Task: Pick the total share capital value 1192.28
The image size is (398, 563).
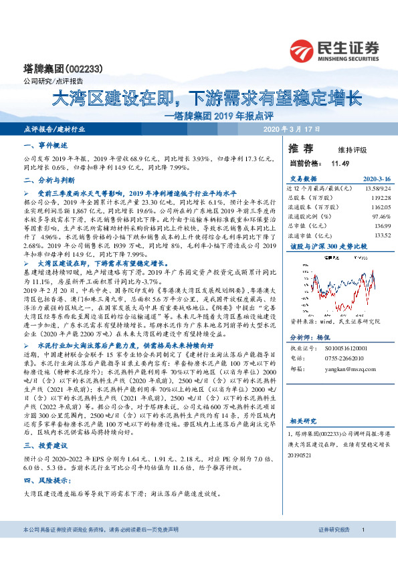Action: click(378, 198)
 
